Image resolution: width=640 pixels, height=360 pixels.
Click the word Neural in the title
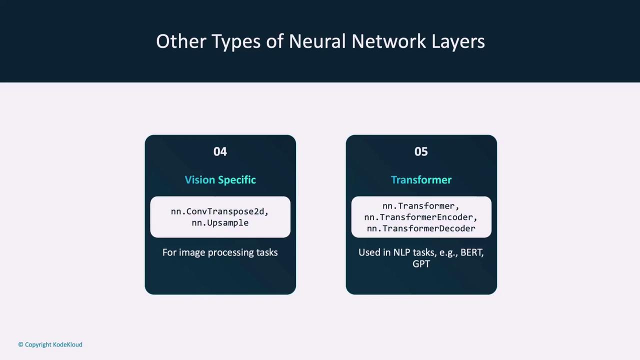317,41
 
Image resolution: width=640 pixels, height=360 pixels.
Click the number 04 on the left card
220,151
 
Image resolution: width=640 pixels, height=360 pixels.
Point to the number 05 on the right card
421,151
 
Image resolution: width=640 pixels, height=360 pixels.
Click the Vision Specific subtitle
220,180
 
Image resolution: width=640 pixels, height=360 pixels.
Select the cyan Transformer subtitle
421,179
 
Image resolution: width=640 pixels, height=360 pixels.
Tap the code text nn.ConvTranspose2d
217,211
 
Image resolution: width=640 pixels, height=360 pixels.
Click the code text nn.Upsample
220,223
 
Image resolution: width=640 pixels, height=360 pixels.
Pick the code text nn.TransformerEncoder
418,217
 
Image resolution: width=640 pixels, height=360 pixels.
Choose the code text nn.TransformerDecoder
421,228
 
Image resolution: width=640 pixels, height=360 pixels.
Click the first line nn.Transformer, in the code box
421,206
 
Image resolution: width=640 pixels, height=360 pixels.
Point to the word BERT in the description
471,252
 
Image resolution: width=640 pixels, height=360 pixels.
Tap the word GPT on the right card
421,263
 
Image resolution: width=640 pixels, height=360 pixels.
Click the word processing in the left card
230,253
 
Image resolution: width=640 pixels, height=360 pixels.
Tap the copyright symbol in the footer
21,344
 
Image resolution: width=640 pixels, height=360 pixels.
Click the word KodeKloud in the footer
67,344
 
